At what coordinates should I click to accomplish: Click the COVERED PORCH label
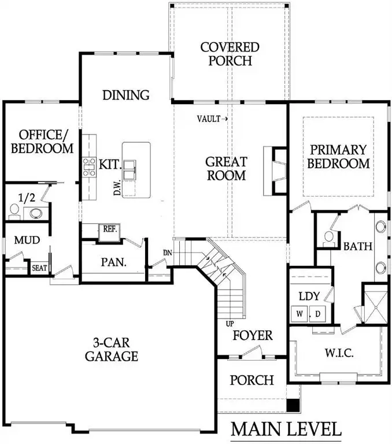coord(230,53)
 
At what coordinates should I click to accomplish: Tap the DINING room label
coord(125,95)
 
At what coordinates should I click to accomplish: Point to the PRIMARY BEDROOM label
coord(338,156)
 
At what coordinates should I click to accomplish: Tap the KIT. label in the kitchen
coord(109,164)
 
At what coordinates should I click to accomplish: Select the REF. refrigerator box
coord(110,229)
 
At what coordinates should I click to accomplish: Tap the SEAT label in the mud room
coord(39,268)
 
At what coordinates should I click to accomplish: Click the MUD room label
coord(27,240)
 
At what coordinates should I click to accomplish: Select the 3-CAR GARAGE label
coord(112,349)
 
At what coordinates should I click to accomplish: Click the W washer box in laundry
coord(299,314)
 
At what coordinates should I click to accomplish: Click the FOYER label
coord(253,335)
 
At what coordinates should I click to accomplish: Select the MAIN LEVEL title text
coord(286,429)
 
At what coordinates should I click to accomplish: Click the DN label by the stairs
coord(167,252)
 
